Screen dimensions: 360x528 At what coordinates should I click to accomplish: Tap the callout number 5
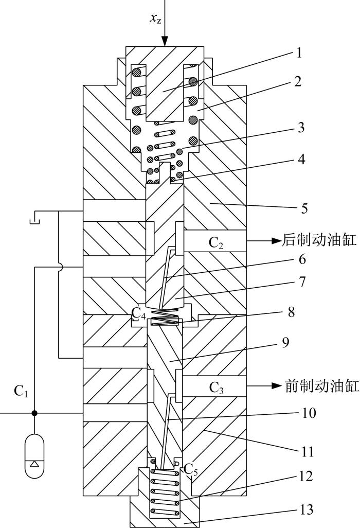(x=304, y=209)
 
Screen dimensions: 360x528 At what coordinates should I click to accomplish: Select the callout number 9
(x=285, y=342)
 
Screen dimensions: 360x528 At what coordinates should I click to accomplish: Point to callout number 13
(x=305, y=509)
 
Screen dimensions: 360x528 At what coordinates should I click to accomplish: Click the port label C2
(x=216, y=243)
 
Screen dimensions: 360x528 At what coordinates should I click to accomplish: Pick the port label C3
(x=216, y=388)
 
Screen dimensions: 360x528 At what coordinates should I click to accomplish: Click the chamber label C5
(x=190, y=469)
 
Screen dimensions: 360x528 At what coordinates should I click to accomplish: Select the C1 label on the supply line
(x=21, y=391)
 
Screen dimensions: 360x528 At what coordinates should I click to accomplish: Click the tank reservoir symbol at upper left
(x=34, y=217)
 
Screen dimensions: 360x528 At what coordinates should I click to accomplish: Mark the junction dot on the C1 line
(x=34, y=413)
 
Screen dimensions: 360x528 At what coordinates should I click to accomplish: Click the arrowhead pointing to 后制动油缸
(x=276, y=241)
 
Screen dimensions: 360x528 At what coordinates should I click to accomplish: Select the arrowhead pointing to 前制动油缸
(x=276, y=386)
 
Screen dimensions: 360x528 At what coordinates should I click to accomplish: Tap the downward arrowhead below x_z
(x=165, y=41)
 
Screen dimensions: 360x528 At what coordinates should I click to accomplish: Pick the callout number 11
(x=307, y=451)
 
